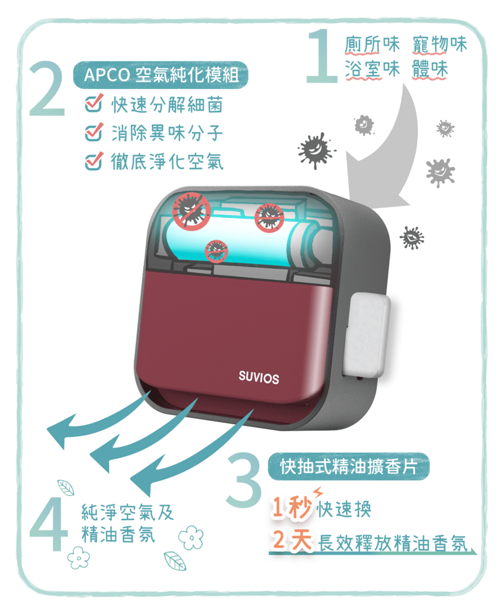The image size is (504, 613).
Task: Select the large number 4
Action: pyautogui.click(x=48, y=525)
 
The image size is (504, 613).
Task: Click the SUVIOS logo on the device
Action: pyautogui.click(x=259, y=378)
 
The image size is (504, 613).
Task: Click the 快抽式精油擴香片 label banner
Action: pyautogui.click(x=348, y=467)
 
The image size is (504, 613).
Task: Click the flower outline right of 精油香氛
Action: pyautogui.click(x=191, y=537)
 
